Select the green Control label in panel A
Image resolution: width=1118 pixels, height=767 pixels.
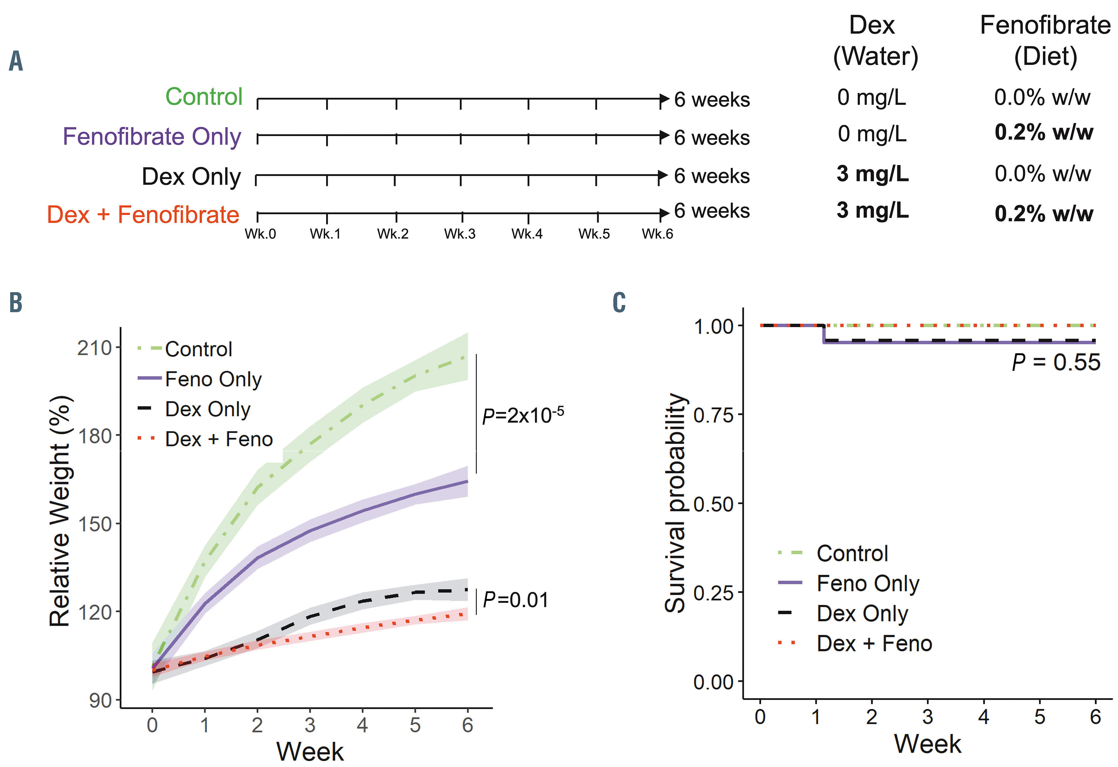pos(204,97)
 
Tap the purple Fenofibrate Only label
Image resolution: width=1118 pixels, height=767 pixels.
pos(152,137)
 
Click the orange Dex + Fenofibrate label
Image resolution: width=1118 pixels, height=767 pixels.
pos(143,214)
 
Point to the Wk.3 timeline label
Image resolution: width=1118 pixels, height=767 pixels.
pos(460,234)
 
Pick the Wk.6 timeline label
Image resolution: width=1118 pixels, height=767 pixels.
pos(657,234)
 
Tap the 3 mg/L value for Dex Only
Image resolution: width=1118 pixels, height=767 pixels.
pos(872,174)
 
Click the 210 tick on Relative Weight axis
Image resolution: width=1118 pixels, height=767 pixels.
pos(94,348)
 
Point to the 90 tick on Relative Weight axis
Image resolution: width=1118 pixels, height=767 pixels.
pos(101,701)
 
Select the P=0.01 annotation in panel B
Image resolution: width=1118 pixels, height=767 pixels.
pos(515,600)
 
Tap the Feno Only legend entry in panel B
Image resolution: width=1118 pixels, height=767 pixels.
pos(213,379)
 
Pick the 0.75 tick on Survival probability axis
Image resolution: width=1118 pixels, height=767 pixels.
pos(714,414)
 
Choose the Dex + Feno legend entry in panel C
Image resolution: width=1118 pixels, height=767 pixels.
pos(874,644)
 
